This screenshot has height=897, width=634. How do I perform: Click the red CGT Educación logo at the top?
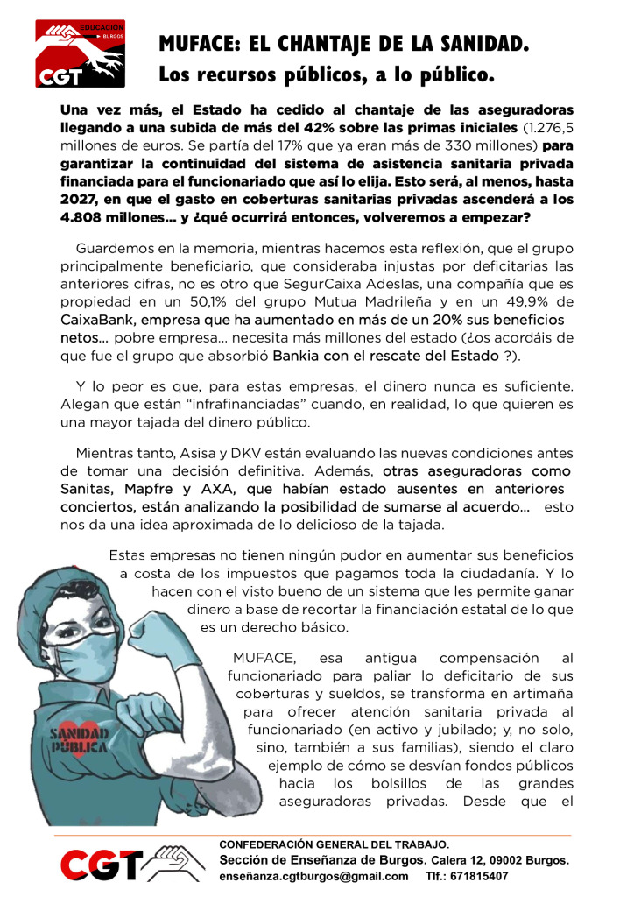point(80,54)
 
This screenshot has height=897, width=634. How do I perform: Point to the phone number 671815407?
point(479,876)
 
